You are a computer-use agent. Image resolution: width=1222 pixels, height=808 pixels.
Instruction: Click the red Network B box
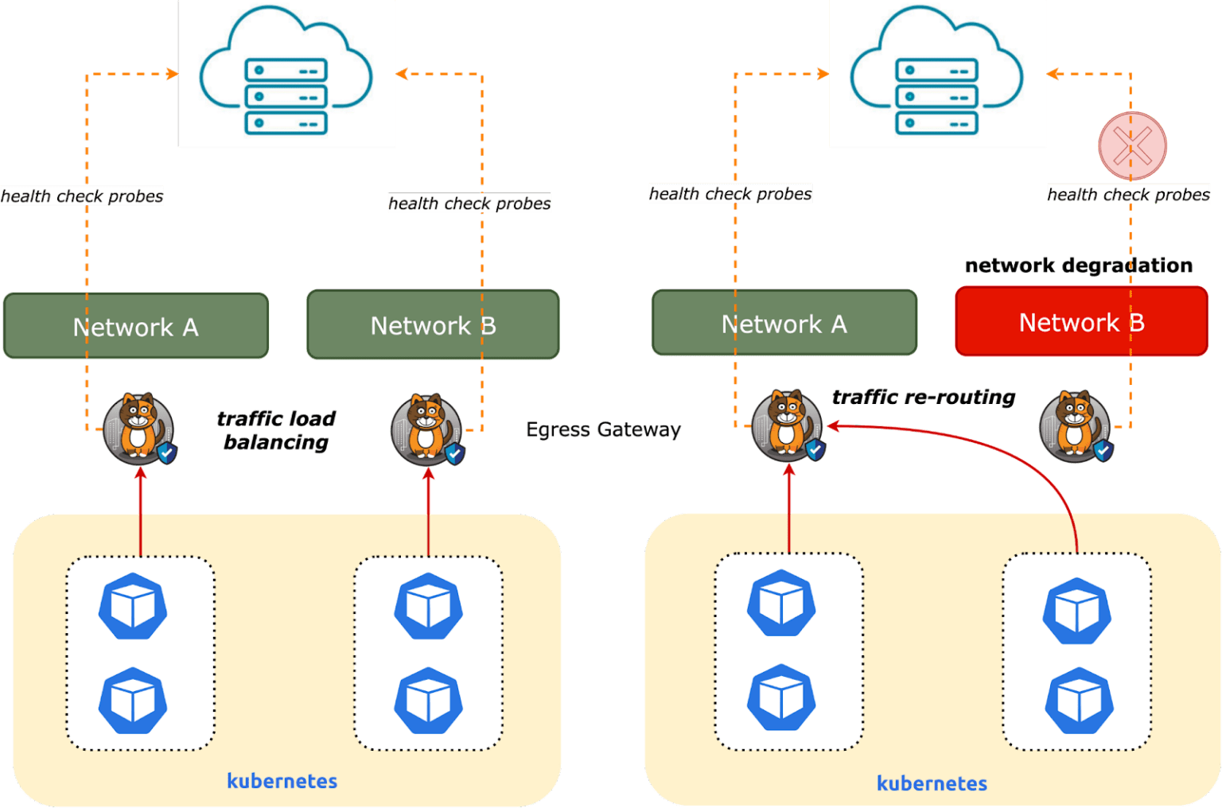1080,322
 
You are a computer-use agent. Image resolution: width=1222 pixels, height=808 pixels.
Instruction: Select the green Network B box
433,324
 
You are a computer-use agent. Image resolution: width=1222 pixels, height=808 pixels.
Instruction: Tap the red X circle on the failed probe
1132,146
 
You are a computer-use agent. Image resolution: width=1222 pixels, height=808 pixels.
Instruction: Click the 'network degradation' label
1078,266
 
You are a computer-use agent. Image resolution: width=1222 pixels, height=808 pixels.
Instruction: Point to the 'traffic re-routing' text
923,397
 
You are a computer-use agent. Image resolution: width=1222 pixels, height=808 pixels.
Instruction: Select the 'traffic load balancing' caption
276,430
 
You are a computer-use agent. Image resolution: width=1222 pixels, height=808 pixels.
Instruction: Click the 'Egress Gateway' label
603,430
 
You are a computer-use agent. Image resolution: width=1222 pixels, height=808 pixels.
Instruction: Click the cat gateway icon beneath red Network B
1074,426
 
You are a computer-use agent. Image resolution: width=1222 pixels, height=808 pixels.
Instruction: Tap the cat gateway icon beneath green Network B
426,429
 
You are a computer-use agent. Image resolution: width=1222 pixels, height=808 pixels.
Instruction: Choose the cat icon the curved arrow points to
786,425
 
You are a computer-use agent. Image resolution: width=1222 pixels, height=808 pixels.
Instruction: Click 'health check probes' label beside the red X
1128,195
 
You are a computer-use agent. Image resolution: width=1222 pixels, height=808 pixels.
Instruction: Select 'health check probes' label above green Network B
469,204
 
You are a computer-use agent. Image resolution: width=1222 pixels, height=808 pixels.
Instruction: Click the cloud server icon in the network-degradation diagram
937,73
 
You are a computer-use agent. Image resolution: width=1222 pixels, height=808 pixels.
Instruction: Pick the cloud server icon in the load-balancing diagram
286,73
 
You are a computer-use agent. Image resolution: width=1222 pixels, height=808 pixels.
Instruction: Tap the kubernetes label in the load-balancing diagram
282,781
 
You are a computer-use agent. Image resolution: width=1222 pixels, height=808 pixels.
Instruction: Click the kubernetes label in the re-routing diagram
932,783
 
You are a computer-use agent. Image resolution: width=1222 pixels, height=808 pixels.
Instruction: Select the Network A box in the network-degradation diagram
784,323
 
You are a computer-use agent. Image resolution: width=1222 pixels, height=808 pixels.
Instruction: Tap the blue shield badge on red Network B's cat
1103,451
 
